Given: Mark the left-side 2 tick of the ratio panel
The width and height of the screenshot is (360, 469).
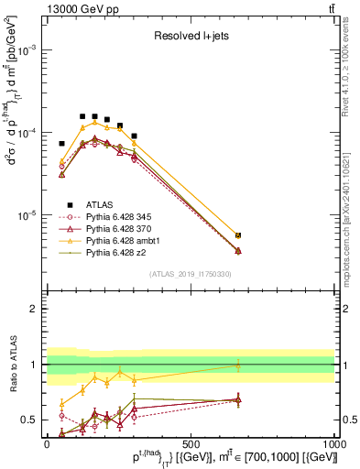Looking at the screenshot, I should [36, 309].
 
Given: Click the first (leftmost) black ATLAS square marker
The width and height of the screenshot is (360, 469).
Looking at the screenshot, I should [61, 144].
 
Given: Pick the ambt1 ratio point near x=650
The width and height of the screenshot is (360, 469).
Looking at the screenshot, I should [238, 365].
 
